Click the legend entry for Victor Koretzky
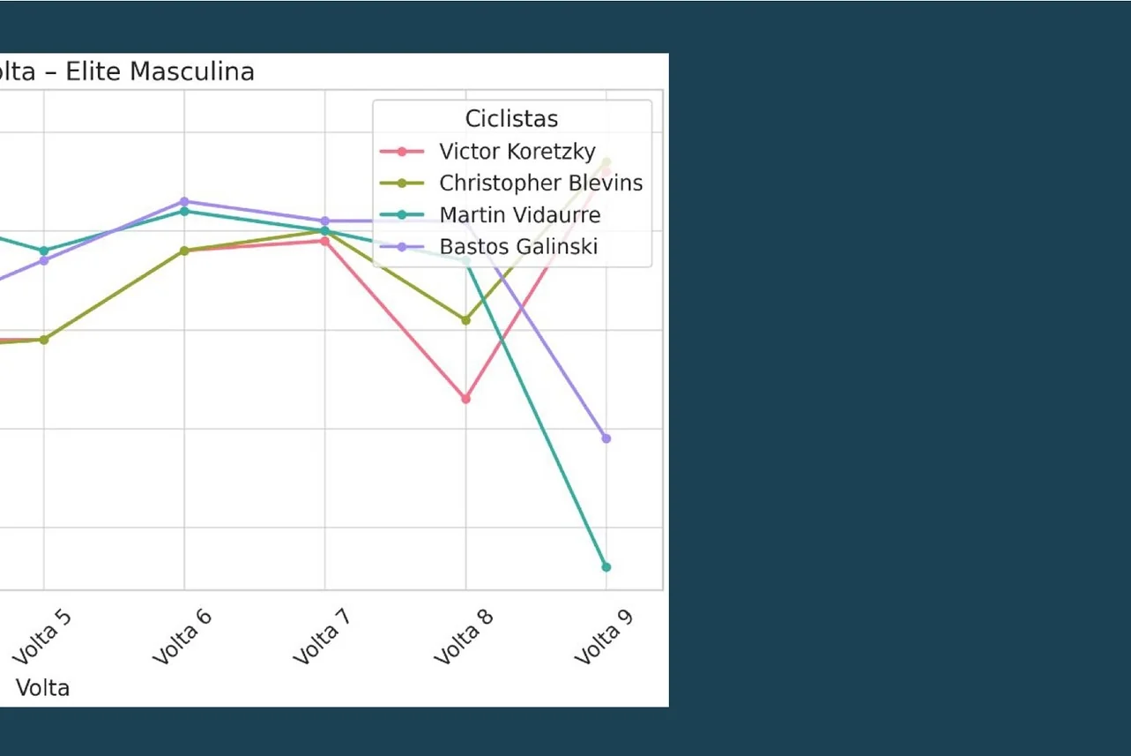[x=517, y=152]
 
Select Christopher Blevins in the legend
[x=540, y=183]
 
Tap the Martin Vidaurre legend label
[x=519, y=215]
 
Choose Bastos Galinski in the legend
[x=518, y=247]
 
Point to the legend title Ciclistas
[x=511, y=119]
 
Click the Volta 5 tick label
[x=41, y=635]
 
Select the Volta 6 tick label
[x=182, y=635]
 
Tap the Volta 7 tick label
[x=323, y=635]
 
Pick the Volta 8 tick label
[x=464, y=635]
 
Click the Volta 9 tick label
[x=604, y=635]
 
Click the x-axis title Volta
[x=42, y=688]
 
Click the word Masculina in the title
[x=191, y=71]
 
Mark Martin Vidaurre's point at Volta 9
[x=606, y=567]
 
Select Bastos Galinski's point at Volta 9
[x=606, y=438]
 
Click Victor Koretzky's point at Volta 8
[x=465, y=399]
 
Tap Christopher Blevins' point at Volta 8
[x=465, y=320]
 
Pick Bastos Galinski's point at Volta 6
[x=184, y=201]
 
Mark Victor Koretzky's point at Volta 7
[x=325, y=241]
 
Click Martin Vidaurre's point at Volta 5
[x=44, y=251]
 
